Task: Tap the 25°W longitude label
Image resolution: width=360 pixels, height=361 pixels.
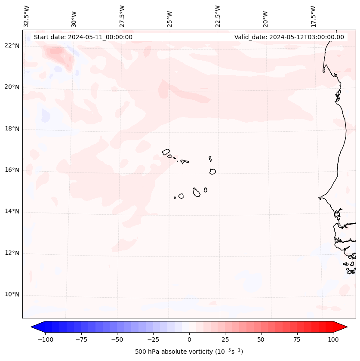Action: pyautogui.click(x=170, y=16)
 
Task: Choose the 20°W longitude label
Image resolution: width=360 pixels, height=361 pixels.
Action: pyautogui.click(x=265, y=16)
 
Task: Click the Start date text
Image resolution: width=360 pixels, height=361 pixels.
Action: pyautogui.click(x=83, y=37)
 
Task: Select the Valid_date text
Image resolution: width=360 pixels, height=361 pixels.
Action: pyautogui.click(x=289, y=37)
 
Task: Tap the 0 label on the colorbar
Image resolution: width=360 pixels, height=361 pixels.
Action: pyautogui.click(x=189, y=339)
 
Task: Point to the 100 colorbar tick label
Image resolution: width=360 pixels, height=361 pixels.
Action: pyautogui.click(x=333, y=339)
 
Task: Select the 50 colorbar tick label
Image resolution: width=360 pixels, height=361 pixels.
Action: pyautogui.click(x=261, y=339)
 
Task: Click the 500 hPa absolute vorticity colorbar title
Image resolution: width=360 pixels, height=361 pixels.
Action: pyautogui.click(x=189, y=352)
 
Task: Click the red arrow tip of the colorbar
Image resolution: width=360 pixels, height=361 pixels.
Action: pyautogui.click(x=343, y=327)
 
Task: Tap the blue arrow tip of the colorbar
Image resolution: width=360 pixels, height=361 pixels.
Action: pyautogui.click(x=35, y=327)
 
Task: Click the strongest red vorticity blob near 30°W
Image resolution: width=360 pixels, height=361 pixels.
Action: pyautogui.click(x=56, y=53)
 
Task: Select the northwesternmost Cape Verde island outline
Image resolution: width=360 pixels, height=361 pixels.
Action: pyautogui.click(x=166, y=151)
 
